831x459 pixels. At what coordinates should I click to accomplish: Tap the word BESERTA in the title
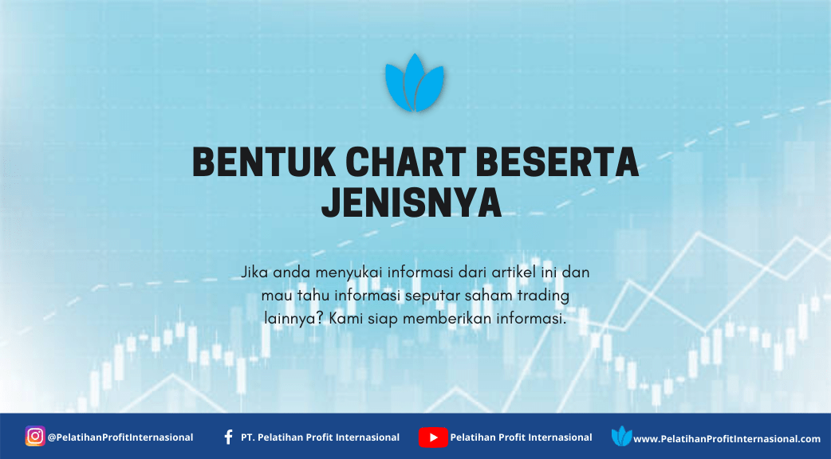tap(557, 162)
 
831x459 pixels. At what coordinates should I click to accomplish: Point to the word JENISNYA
tap(412, 202)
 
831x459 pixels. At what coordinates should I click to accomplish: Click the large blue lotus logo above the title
tap(415, 83)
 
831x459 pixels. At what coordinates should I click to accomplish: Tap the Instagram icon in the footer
tap(35, 436)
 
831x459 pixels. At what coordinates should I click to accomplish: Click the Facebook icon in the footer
tap(228, 437)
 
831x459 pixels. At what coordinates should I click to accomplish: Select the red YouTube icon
tap(433, 437)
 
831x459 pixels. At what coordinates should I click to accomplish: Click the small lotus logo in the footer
tap(621, 436)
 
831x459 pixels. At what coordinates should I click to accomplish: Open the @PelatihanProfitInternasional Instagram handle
tap(120, 437)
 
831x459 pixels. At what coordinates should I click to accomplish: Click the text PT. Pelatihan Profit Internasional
tap(320, 437)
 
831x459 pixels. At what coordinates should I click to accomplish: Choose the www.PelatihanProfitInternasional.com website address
tap(727, 439)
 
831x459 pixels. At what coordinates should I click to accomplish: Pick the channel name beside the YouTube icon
tap(521, 437)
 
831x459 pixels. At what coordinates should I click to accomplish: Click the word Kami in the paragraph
tap(346, 319)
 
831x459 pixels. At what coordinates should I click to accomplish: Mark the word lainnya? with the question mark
tap(294, 320)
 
